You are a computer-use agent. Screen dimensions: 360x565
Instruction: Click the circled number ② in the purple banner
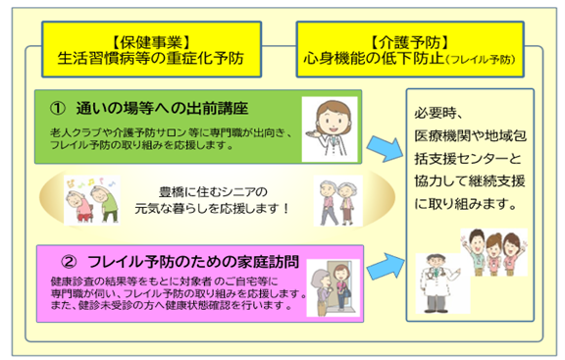68,263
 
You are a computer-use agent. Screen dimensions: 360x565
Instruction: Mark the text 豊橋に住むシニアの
213,189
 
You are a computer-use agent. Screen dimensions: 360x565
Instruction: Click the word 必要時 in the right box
444,113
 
